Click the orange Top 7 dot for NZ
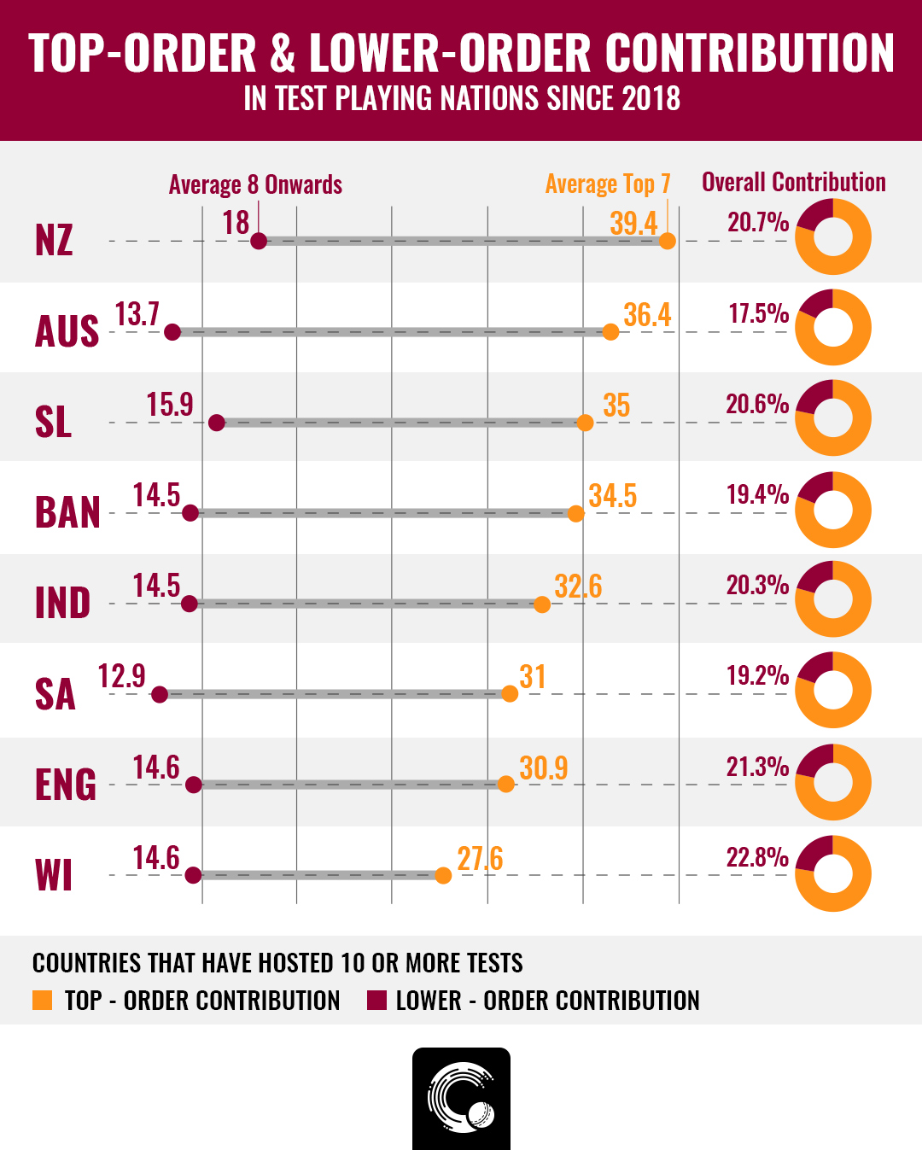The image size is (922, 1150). (668, 241)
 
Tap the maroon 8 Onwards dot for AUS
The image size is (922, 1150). (172, 332)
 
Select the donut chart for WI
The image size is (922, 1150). (832, 873)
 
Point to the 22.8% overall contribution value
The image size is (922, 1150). (757, 857)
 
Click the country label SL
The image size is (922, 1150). (53, 422)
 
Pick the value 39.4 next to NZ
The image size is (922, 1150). (633, 224)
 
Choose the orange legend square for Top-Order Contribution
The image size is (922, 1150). (42, 1001)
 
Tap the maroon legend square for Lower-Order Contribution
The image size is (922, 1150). (376, 1001)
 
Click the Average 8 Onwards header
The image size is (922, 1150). (255, 184)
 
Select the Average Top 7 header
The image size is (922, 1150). (608, 184)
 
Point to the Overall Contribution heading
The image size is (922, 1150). (793, 182)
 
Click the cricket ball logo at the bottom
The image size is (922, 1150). (461, 1098)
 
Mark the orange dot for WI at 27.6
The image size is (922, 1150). (442, 875)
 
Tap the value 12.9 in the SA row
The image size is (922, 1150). (121, 677)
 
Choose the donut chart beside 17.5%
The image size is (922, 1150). (832, 328)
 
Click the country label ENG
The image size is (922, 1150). (66, 785)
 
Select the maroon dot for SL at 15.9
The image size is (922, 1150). (217, 423)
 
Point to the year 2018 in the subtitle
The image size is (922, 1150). (651, 99)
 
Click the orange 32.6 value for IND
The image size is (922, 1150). (578, 587)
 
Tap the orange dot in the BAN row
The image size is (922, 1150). (575, 513)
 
